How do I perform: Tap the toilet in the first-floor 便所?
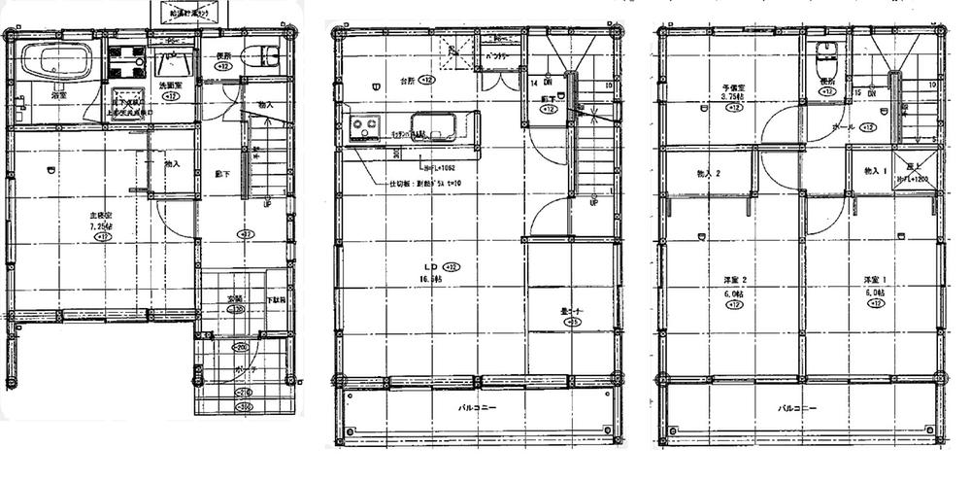pyautogui.click(x=259, y=56)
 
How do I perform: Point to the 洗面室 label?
pyautogui.click(x=170, y=86)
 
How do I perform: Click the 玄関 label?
pyautogui.click(x=235, y=298)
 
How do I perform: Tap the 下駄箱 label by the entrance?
pyautogui.click(x=276, y=301)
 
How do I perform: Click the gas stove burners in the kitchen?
pyautogui.click(x=366, y=125)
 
